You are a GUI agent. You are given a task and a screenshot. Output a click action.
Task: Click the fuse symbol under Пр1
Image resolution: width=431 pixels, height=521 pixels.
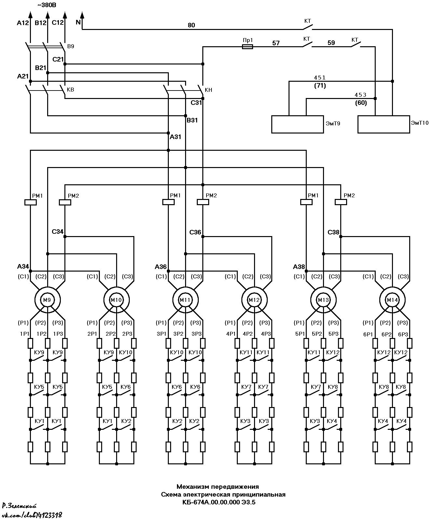point(248,47)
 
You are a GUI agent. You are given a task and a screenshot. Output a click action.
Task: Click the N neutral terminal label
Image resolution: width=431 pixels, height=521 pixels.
point(78,22)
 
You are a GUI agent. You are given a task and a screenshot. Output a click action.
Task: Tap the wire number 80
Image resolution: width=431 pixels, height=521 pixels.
point(191,25)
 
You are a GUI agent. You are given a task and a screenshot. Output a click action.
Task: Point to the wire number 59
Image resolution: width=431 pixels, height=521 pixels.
point(331,43)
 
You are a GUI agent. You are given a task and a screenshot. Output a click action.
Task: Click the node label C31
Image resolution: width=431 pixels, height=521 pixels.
point(196,103)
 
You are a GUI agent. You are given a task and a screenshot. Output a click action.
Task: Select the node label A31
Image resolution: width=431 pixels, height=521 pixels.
point(175,137)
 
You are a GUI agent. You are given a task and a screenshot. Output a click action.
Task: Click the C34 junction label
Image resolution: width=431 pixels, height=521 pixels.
point(58,232)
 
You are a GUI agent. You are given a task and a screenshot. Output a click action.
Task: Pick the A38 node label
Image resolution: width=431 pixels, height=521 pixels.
point(299,267)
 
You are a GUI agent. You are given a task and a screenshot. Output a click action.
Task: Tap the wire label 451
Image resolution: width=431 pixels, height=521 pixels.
point(320,77)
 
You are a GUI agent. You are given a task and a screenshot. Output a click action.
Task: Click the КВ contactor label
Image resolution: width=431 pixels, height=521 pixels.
point(70,90)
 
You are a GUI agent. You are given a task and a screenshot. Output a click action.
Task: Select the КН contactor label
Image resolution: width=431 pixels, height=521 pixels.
point(209,90)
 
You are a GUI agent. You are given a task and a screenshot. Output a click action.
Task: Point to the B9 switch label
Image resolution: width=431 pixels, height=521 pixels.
point(71,46)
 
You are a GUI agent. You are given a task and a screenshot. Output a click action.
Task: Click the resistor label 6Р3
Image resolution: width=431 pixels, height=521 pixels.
point(403,334)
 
